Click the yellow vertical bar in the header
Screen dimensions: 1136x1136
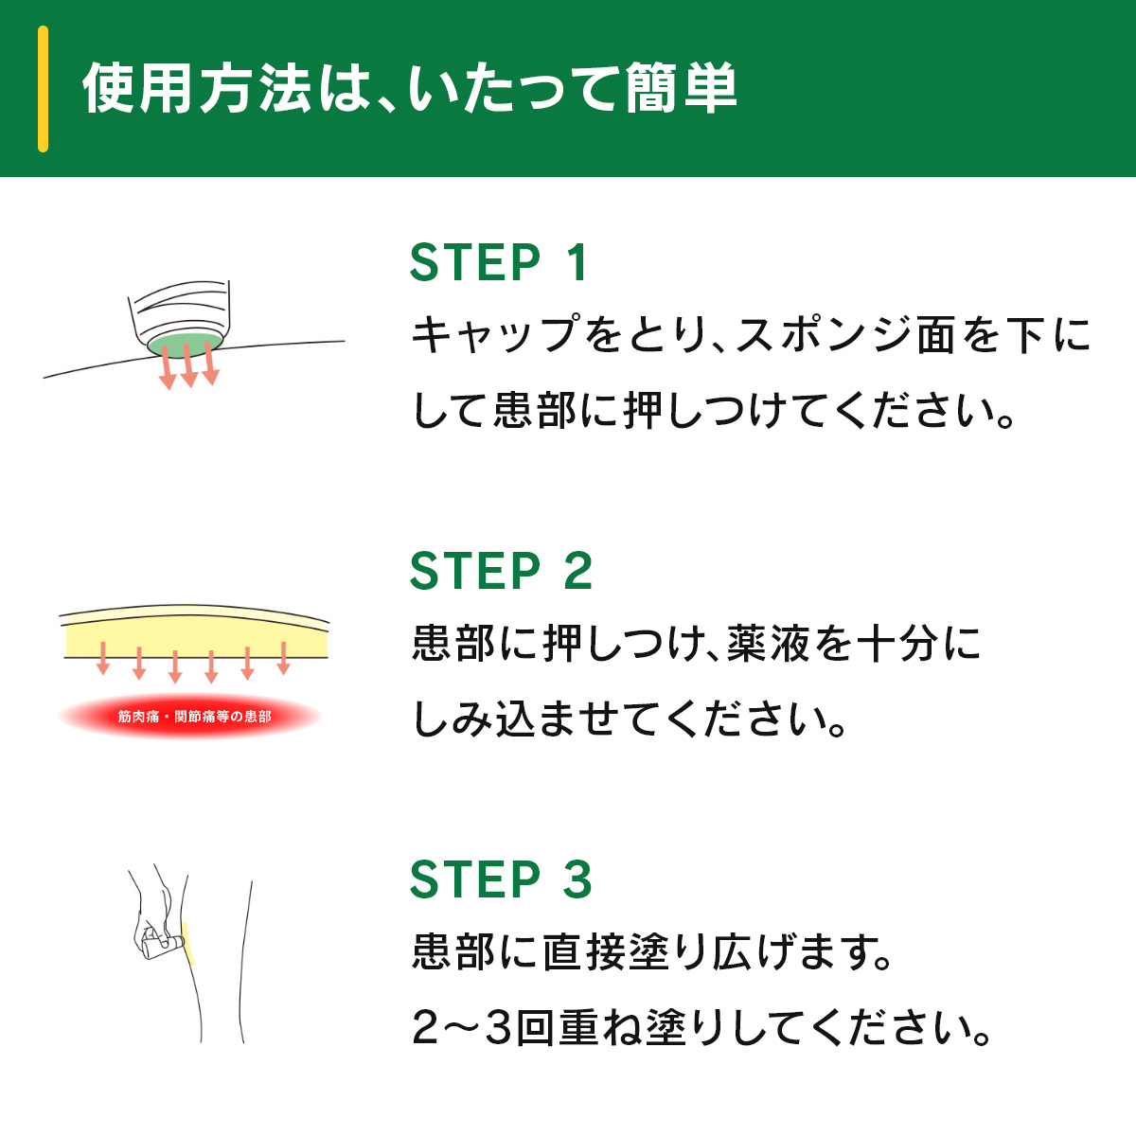[x=43, y=89]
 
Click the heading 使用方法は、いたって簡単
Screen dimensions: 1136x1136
[x=410, y=88]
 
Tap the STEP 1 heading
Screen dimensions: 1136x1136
[x=499, y=262]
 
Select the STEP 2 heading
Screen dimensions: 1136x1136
[x=501, y=570]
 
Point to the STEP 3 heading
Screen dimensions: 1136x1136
[x=501, y=879]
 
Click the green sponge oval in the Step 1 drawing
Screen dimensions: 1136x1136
[x=186, y=345]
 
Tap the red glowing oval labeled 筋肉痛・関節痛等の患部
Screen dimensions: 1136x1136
[x=190, y=717]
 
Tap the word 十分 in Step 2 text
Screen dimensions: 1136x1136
[x=896, y=643]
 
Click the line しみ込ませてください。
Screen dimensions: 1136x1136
[x=629, y=719]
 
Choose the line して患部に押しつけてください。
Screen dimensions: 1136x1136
[x=713, y=410]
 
